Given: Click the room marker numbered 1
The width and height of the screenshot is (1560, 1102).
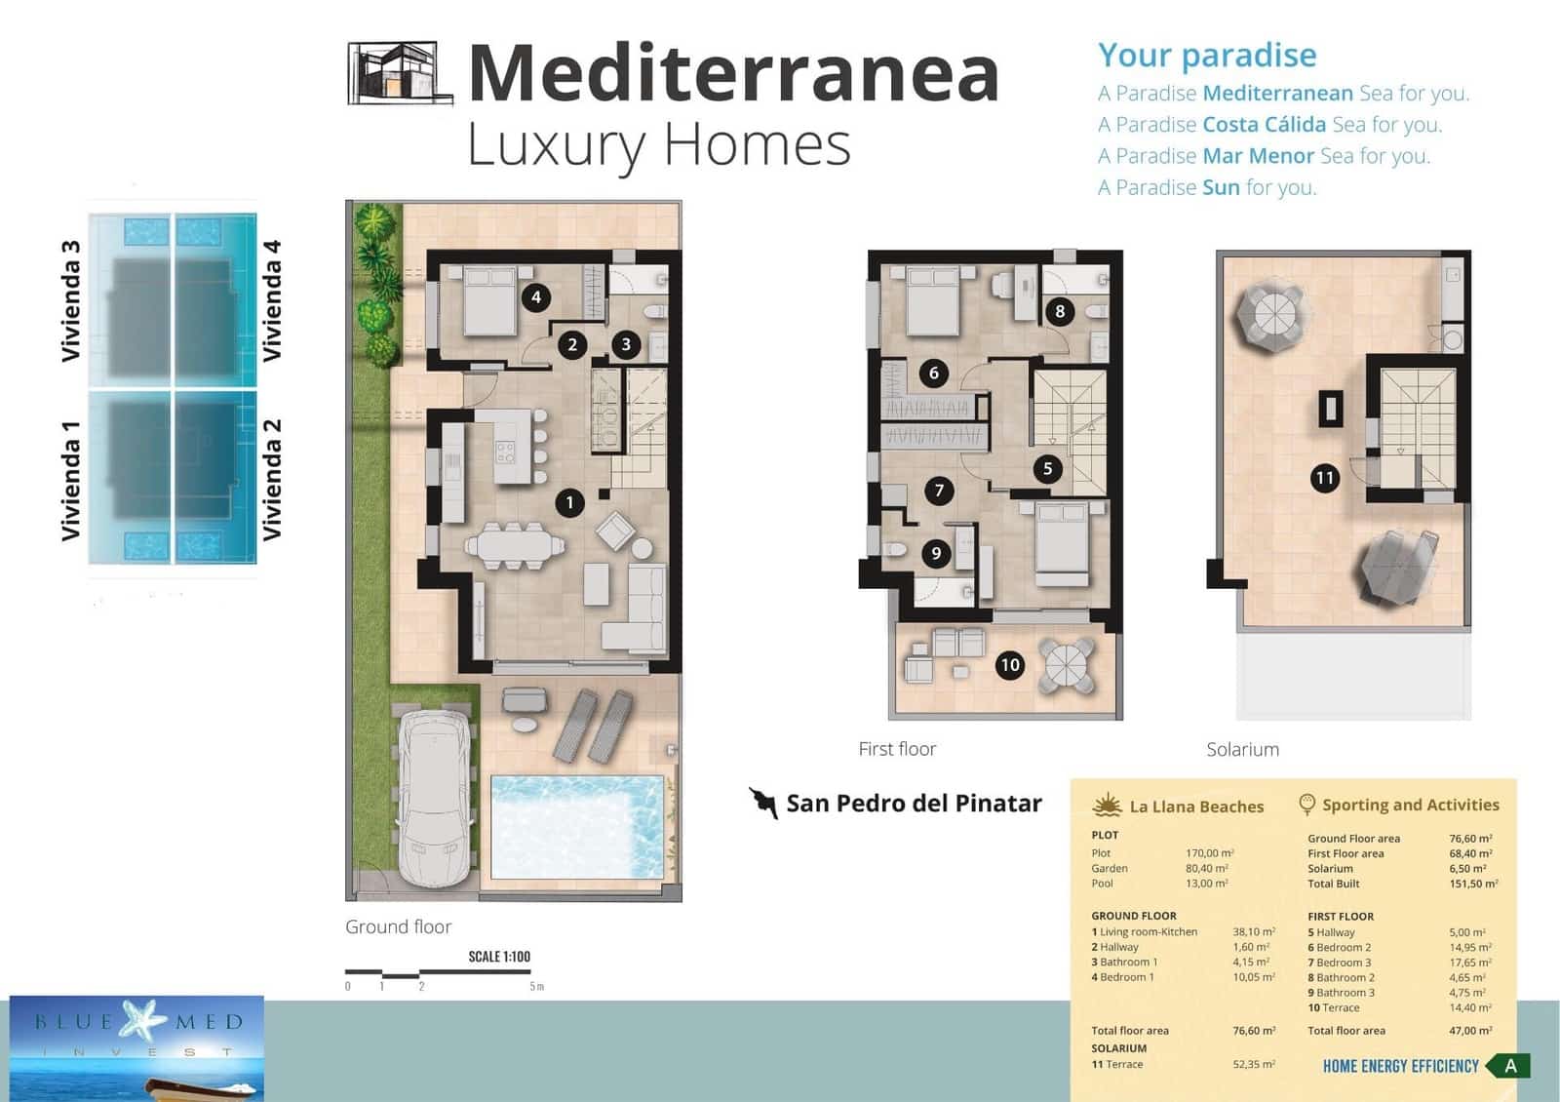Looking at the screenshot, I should (x=569, y=503).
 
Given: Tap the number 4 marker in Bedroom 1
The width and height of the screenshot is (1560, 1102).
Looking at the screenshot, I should (x=535, y=297).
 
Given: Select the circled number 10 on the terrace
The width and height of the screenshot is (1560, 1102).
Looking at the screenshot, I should (x=1009, y=665).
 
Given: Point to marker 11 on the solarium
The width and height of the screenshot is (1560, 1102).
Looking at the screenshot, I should (x=1324, y=478).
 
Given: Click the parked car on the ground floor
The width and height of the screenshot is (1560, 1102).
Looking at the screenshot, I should (x=435, y=798).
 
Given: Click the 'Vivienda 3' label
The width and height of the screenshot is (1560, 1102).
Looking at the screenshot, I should (x=70, y=300).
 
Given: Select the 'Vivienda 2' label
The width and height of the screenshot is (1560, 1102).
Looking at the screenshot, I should (x=272, y=479).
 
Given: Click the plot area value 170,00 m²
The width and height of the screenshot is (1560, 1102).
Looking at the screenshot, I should (x=1209, y=853).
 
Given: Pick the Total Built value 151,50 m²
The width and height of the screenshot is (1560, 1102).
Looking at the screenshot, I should (x=1473, y=884).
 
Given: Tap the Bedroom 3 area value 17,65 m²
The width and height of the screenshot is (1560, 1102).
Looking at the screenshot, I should (x=1469, y=963).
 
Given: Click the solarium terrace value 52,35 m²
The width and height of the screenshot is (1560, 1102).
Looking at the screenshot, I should (x=1254, y=1065).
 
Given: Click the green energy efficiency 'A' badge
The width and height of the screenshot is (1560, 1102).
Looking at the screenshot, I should (x=1509, y=1066).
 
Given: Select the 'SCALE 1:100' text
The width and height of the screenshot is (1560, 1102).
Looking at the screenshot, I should (x=499, y=957).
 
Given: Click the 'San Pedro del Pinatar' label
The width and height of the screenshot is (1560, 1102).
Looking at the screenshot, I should (x=914, y=804).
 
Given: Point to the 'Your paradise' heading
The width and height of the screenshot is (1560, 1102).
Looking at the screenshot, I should (x=1207, y=56).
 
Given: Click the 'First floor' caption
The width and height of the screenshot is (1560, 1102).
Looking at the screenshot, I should (x=897, y=749).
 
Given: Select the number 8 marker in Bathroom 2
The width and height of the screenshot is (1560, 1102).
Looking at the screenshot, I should (x=1060, y=312).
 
